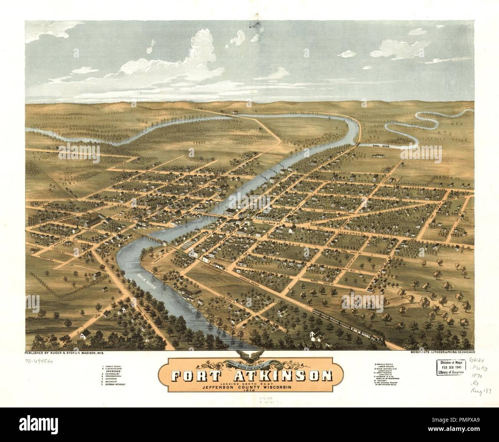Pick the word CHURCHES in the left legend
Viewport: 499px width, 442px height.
[115, 370]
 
